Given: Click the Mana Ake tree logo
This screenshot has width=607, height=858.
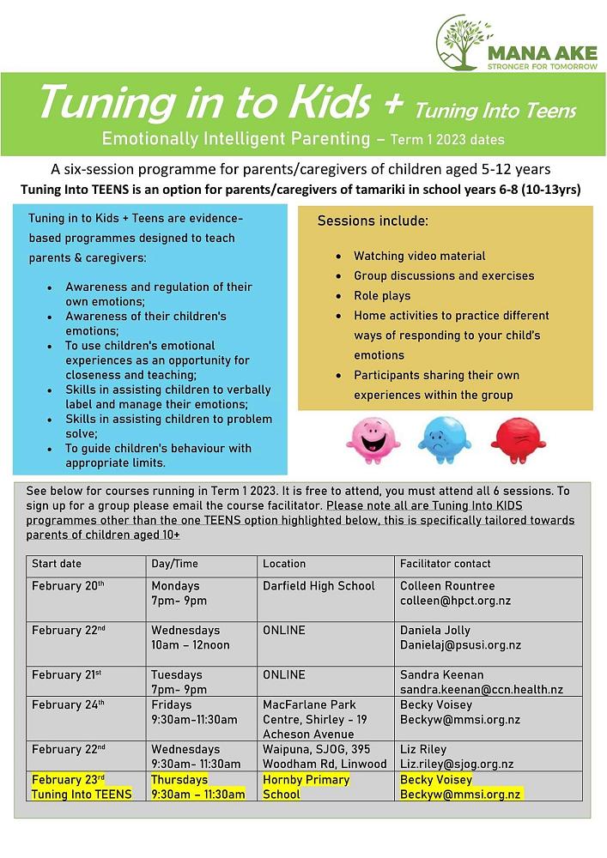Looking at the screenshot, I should [464, 42].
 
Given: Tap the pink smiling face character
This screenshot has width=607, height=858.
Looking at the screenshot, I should [373, 438].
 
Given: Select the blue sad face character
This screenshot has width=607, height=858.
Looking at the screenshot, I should [444, 438].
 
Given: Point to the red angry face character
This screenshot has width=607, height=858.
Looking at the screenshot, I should [518, 438].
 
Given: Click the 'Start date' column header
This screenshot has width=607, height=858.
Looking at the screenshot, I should [57, 564].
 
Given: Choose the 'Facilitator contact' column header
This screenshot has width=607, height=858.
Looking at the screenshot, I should [445, 564].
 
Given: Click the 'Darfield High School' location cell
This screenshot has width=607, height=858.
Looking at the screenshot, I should [319, 586].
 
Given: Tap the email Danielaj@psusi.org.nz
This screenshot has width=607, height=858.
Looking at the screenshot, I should [460, 645].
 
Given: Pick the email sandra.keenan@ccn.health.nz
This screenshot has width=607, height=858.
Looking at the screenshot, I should [481, 690].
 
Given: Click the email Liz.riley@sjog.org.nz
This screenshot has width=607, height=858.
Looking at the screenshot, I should [457, 764].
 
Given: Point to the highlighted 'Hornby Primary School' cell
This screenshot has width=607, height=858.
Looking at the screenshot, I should [306, 787].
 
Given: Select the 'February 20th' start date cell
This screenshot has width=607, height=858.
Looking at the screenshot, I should [68, 586].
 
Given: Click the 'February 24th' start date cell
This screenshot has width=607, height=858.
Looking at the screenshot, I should [68, 704].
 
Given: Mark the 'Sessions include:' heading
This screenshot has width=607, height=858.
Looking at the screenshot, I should [373, 221].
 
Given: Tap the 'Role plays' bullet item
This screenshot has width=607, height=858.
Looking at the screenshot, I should [382, 296].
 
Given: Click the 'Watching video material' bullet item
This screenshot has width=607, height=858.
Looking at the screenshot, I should [419, 256].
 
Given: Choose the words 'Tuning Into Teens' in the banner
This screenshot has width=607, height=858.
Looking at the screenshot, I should [495, 111].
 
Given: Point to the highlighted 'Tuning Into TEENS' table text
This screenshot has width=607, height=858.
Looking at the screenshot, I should [82, 795].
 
